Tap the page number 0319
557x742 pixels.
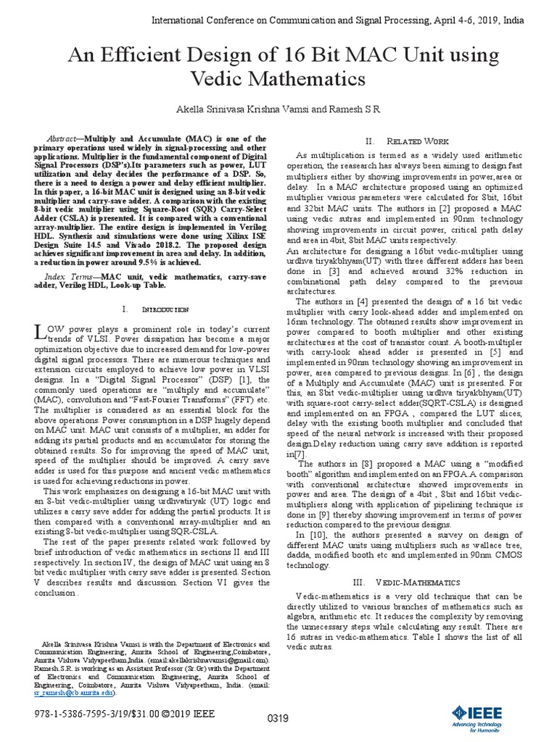(x=279, y=719)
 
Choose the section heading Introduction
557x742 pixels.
(x=163, y=309)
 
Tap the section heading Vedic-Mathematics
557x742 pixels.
(x=417, y=582)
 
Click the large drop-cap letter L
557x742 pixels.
(x=40, y=333)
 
